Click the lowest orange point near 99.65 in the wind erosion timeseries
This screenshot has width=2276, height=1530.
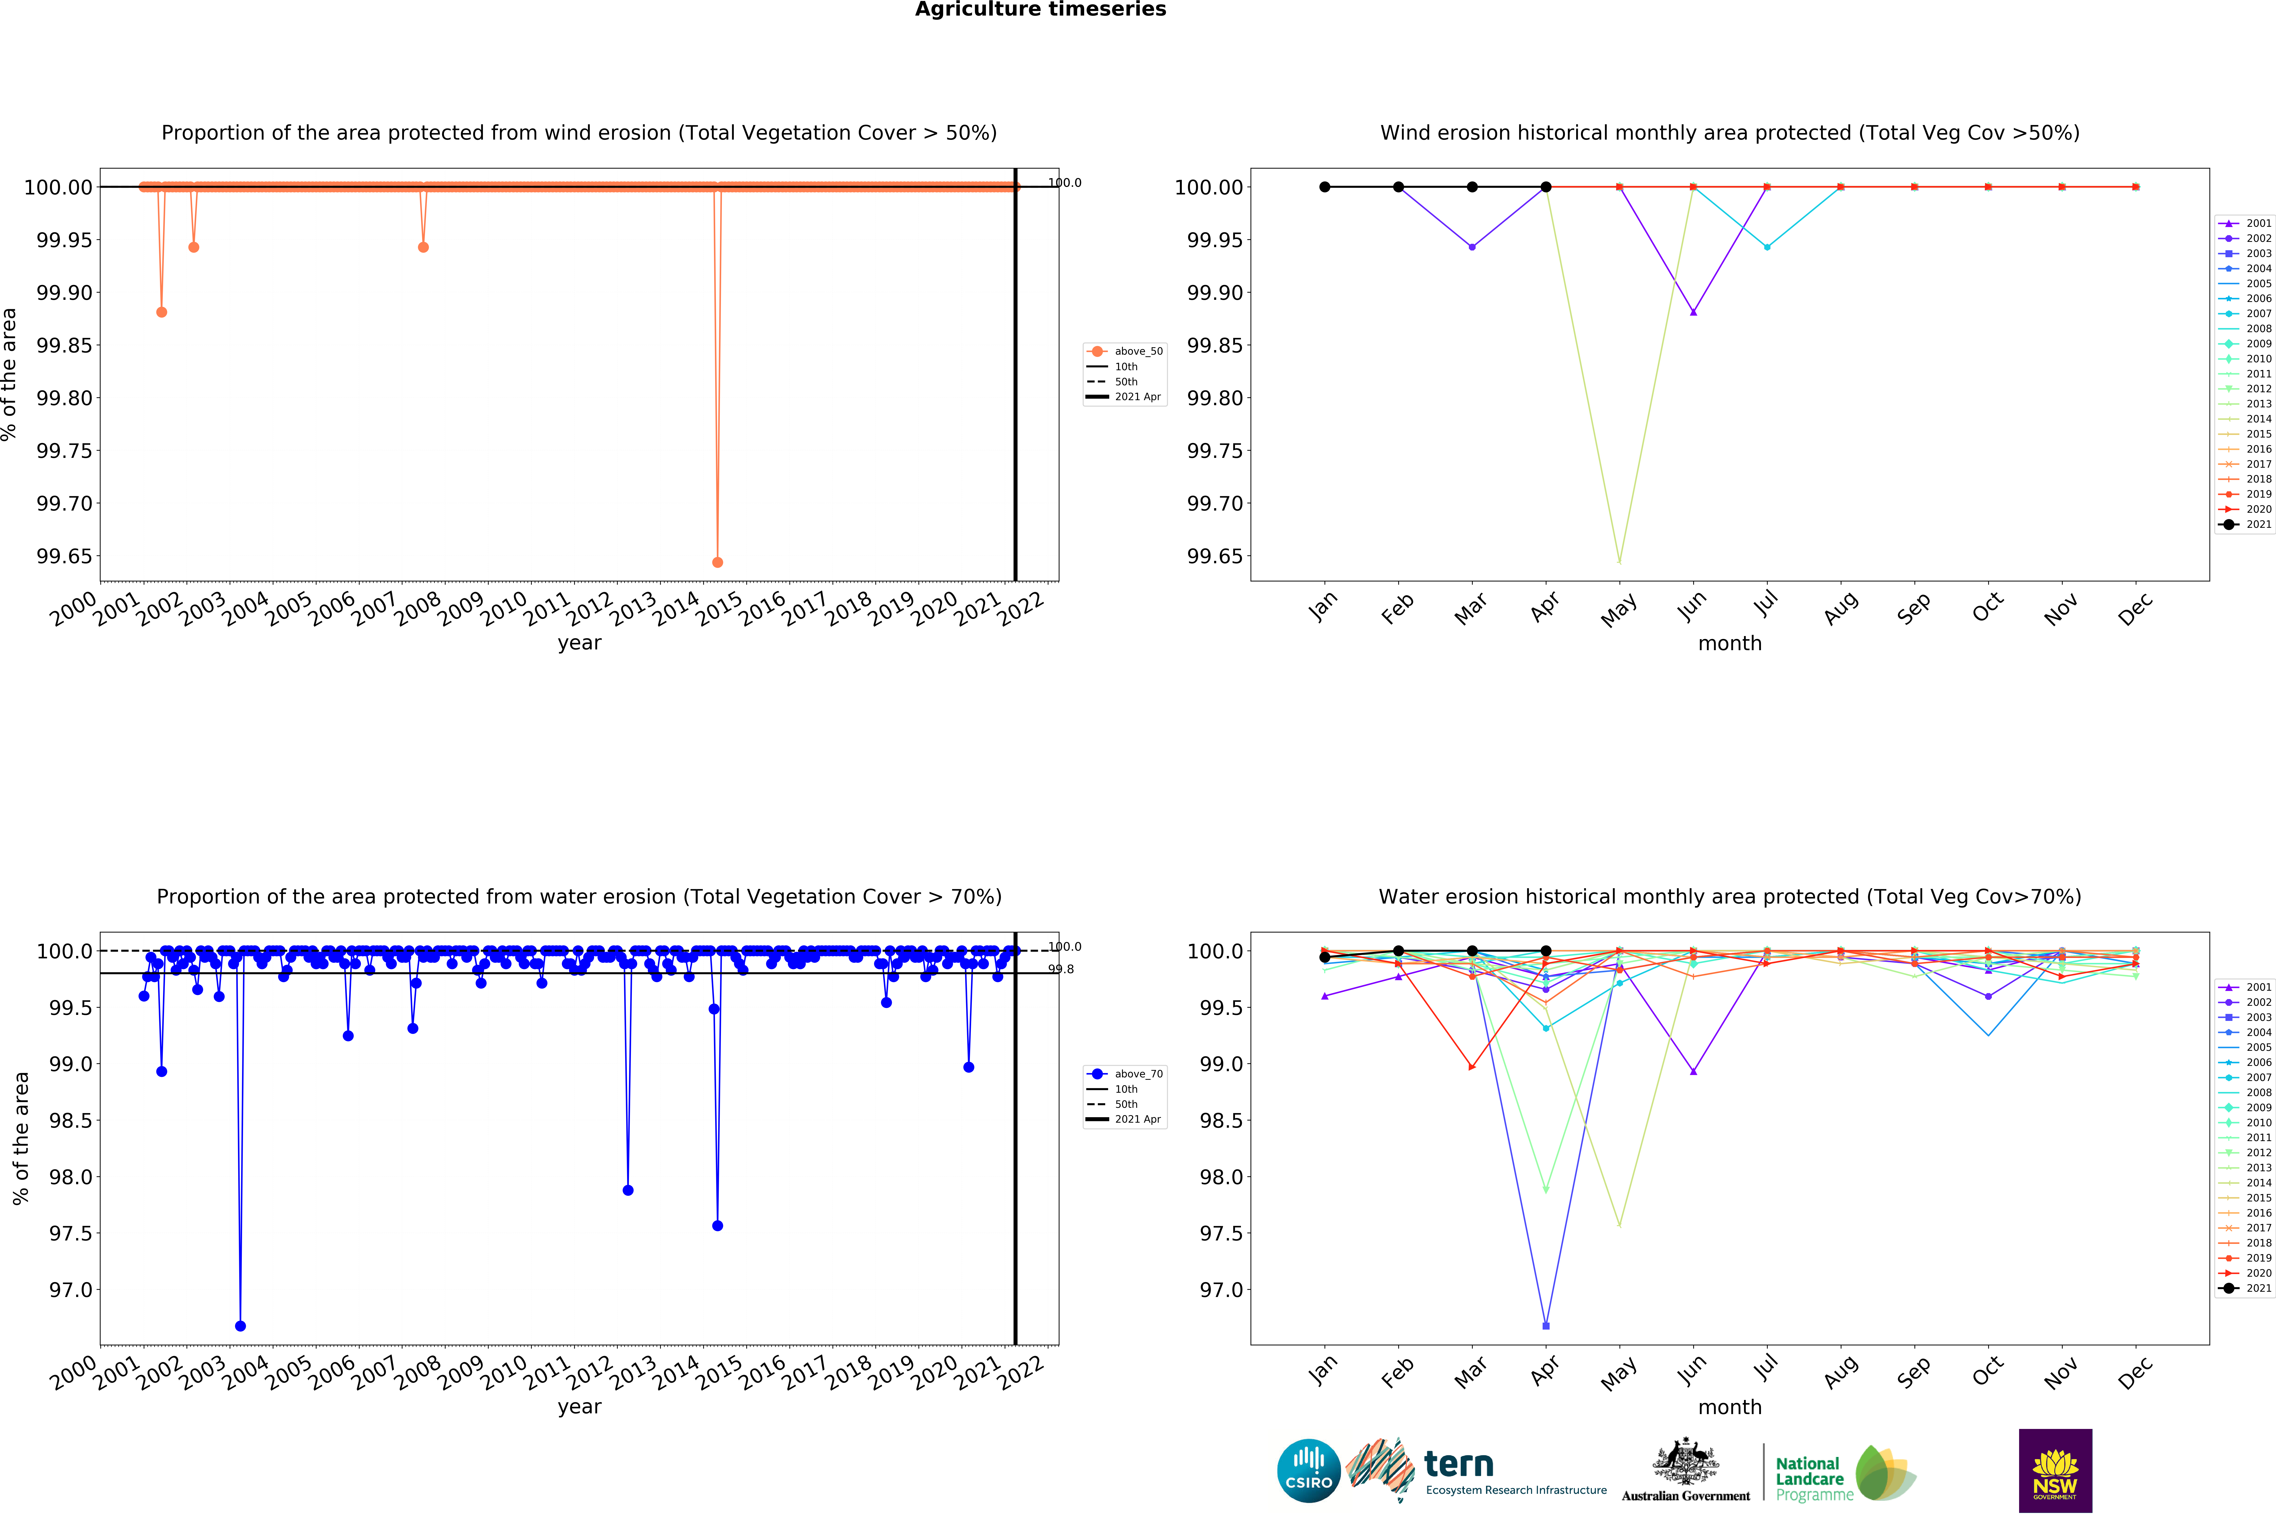[x=717, y=562]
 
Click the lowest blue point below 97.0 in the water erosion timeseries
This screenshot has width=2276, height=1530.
[x=240, y=1326]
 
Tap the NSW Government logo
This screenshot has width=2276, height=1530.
[x=2055, y=1470]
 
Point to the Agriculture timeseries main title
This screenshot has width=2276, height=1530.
[x=1040, y=10]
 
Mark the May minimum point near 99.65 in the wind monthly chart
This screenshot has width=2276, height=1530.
[x=1619, y=562]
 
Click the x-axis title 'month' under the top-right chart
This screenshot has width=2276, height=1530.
[x=1730, y=643]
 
